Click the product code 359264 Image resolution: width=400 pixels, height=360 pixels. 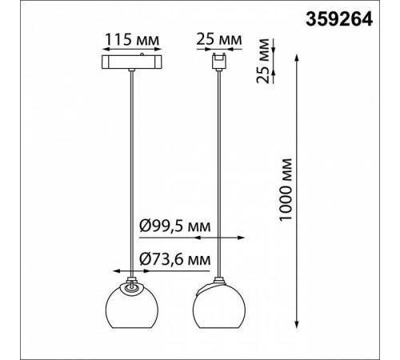(x=339, y=19)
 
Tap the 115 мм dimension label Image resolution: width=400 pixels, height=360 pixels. (x=132, y=40)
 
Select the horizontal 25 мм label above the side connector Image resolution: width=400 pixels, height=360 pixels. (x=219, y=40)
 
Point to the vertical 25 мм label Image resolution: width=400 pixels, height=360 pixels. (x=262, y=61)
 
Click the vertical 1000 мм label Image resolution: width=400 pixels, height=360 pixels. (x=286, y=190)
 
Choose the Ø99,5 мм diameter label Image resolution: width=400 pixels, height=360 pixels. (x=175, y=226)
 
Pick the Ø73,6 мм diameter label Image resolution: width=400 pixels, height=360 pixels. (x=175, y=259)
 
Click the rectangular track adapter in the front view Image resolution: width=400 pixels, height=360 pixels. (x=132, y=62)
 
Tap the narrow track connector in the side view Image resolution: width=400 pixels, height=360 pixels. (x=219, y=62)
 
